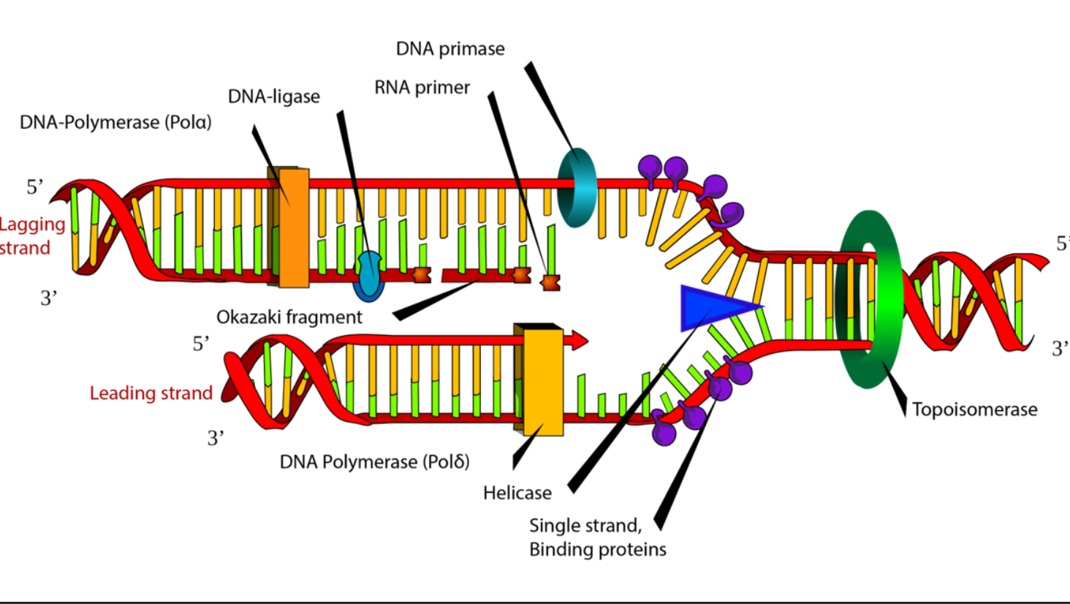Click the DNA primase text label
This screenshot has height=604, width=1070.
point(450,49)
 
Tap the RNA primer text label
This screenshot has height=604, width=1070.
point(422,88)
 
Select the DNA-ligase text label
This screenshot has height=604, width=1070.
point(273,97)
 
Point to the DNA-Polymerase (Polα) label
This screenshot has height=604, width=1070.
point(115,122)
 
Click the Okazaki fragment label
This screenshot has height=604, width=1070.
point(289,317)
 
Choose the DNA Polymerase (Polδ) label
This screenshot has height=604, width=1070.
point(374,462)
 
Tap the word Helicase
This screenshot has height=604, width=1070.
point(517,493)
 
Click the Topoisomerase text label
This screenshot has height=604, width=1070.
point(974,409)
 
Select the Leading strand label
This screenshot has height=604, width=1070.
point(151,393)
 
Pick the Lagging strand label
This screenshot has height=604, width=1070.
point(31,236)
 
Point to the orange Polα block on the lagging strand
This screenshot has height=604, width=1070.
point(293,227)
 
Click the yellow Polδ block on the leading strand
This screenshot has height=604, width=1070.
point(543,382)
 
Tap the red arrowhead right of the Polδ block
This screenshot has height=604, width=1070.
point(580,340)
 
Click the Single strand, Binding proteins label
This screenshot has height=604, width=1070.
point(598,537)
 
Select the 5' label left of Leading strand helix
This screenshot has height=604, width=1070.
point(200,344)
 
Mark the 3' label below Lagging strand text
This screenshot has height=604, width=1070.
point(49,298)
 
